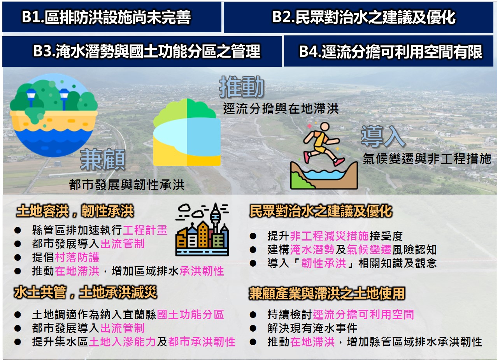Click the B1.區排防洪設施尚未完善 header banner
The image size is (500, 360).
pos(112,17)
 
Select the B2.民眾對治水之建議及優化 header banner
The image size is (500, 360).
pos(358,17)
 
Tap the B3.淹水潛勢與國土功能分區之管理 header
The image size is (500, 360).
pos(142,51)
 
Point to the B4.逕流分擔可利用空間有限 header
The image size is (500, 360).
pos(389,51)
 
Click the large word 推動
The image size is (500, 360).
pos(242,87)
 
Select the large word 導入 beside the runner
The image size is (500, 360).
pos(383,136)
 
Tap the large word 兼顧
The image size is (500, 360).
pos(102,160)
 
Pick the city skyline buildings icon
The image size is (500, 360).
pos(202,229)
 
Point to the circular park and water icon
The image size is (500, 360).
pos(54,115)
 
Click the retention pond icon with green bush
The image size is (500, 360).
pos(187,132)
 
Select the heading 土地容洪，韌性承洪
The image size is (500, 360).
pos(75,211)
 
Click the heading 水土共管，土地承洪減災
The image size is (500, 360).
pos(86,292)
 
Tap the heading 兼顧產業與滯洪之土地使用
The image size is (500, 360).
pos(327,293)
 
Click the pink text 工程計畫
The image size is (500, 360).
pos(145,230)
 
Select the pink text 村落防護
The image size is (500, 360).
pos(77,257)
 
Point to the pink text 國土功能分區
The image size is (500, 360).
pos(190,314)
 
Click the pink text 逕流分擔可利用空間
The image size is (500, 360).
pos(363,314)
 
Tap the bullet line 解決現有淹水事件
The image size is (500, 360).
pos(312,328)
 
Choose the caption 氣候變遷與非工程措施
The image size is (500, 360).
pos(427,159)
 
